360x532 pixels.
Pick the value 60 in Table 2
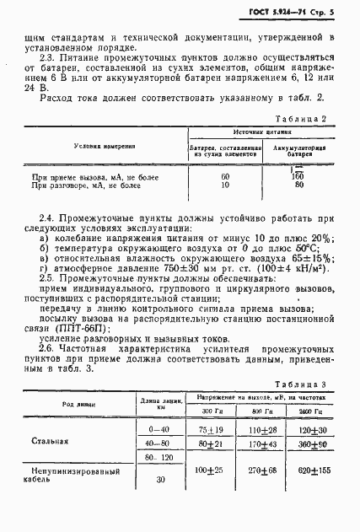pyautogui.click(x=225, y=176)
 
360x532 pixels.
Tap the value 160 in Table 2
pyautogui.click(x=298, y=176)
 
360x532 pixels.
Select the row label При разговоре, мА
pyautogui.click(x=84, y=185)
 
